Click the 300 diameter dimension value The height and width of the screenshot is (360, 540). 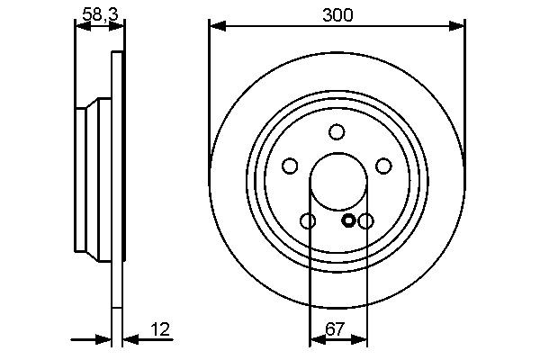[337, 14]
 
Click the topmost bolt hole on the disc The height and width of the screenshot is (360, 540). [337, 132]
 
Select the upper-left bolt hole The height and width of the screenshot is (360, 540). [290, 166]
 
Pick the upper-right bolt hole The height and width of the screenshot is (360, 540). [383, 166]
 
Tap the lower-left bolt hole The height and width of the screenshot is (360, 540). [308, 221]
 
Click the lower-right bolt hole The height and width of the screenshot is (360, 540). [365, 221]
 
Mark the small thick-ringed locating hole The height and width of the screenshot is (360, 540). [349, 220]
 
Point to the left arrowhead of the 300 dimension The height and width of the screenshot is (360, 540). [216, 27]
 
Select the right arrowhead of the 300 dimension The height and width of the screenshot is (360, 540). [458, 27]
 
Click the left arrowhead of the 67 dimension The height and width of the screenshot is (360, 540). [316, 339]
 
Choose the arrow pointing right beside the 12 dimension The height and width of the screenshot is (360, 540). [103, 339]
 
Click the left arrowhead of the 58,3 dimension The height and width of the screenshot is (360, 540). [81, 27]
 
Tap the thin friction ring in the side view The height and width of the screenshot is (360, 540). [116, 180]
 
